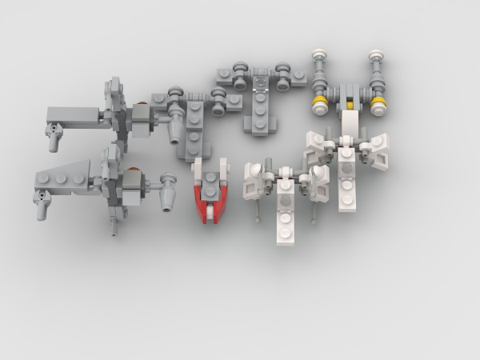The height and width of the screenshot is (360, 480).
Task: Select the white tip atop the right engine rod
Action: [376, 56]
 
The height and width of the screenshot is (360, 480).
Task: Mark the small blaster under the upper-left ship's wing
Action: [54, 139]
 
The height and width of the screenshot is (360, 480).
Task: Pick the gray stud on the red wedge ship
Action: [210, 178]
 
